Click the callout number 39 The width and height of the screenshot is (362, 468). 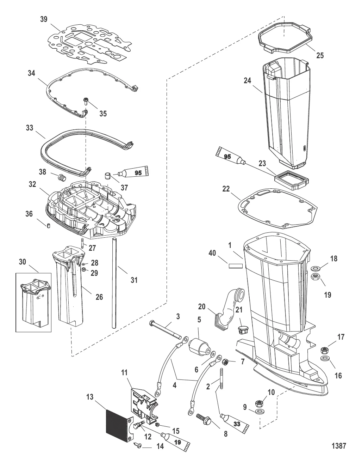(44, 19)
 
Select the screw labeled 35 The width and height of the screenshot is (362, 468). (86, 102)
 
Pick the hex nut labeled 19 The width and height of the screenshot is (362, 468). (315, 278)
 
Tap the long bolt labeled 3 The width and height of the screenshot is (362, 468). (165, 329)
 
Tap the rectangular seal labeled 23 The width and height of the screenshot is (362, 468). (291, 178)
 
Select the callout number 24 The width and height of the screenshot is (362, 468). (247, 81)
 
